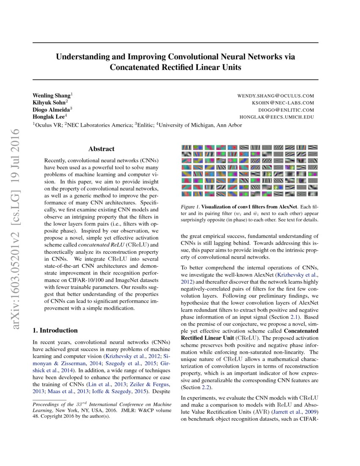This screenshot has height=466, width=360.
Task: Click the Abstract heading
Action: click(101, 149)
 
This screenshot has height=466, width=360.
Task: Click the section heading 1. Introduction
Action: click(55, 330)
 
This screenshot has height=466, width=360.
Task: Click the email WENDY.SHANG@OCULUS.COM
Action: click(276, 96)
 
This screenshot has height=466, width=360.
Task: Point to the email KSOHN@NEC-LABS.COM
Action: click(282, 103)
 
